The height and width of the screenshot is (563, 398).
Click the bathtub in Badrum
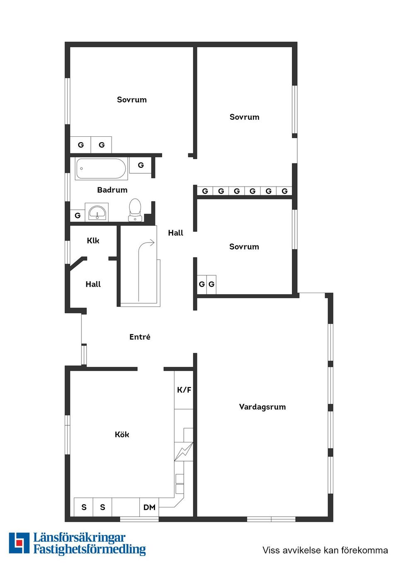tap(101, 169)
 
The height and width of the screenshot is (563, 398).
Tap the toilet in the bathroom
tap(135, 210)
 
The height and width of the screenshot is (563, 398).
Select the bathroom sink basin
tap(97, 213)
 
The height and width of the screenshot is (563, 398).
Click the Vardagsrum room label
tap(262, 407)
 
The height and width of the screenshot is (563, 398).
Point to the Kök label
tap(122, 434)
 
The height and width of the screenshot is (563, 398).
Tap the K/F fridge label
tap(184, 390)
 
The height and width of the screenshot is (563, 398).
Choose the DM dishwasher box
tap(149, 507)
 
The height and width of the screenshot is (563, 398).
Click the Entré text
tap(140, 337)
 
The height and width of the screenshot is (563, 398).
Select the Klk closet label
tap(93, 241)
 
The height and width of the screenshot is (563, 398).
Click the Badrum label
tap(112, 190)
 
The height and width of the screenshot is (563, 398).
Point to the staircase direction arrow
tap(146, 245)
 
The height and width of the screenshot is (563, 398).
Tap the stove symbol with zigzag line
tap(184, 451)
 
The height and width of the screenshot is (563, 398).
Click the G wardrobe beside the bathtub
tap(141, 165)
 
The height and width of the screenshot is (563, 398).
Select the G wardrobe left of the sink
tap(78, 216)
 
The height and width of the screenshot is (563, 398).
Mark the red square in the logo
tap(19, 543)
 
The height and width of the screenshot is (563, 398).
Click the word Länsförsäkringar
tap(79, 538)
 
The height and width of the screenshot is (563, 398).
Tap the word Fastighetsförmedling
tap(90, 550)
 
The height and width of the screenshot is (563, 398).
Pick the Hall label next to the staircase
tap(175, 233)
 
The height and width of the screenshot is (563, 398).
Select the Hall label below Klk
tap(93, 284)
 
